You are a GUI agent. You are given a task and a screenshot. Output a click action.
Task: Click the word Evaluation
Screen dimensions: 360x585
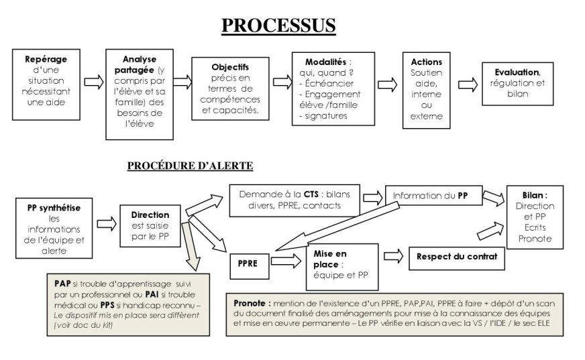(x=517, y=71)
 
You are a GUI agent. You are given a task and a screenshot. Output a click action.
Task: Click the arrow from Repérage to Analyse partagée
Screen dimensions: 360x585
(x=94, y=82)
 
